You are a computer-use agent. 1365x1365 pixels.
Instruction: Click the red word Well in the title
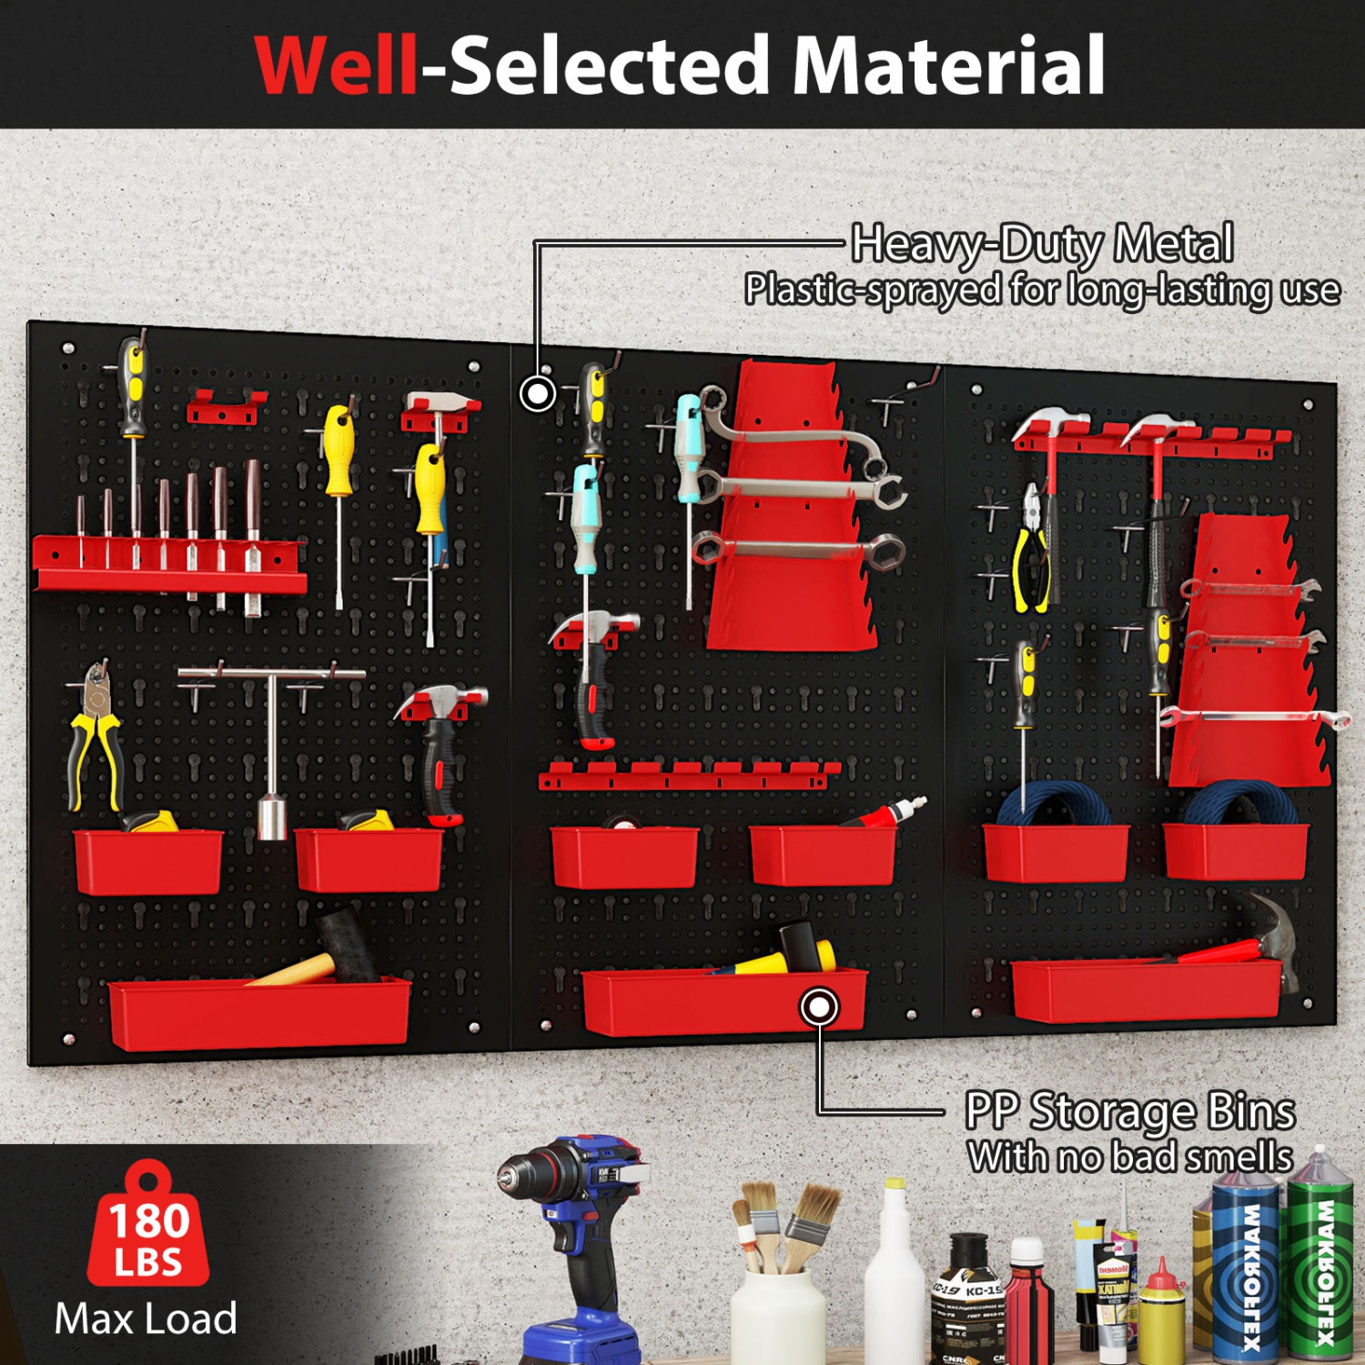[337, 66]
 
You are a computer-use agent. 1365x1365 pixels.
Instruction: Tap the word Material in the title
[948, 66]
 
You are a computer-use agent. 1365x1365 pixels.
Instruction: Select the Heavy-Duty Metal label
[1042, 244]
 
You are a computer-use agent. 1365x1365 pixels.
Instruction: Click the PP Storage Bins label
[1130, 1111]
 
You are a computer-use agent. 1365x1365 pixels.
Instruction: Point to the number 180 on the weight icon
[149, 1220]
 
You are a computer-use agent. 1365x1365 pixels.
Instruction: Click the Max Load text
[146, 1319]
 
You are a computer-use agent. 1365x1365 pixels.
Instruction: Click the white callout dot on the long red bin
[819, 1007]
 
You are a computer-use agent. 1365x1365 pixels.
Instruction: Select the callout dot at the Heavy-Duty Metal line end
[538, 394]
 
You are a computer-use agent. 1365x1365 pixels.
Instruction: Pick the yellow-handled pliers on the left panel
[96, 737]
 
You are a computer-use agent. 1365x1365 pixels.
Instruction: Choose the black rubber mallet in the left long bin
[346, 946]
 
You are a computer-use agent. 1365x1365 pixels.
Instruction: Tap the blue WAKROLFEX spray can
[1249, 1269]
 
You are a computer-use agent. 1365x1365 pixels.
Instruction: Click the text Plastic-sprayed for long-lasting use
[1042, 290]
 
